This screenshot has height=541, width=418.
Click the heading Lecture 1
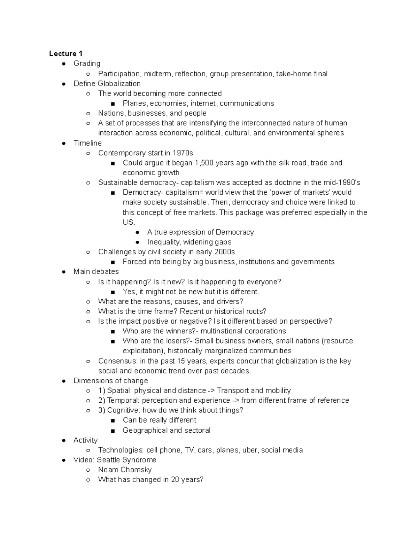click(x=65, y=53)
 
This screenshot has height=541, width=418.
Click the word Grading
click(x=87, y=63)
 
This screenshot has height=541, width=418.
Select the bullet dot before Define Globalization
click(x=64, y=84)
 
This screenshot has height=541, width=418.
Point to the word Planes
click(x=134, y=103)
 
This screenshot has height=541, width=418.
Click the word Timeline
click(x=87, y=143)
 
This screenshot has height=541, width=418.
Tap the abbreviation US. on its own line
click(x=129, y=222)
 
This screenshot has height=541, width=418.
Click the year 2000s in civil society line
click(x=225, y=252)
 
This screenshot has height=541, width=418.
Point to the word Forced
click(x=134, y=262)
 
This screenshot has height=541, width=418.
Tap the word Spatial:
click(x=119, y=391)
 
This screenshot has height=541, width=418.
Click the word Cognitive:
click(x=122, y=410)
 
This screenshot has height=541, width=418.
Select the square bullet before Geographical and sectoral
click(x=113, y=431)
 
